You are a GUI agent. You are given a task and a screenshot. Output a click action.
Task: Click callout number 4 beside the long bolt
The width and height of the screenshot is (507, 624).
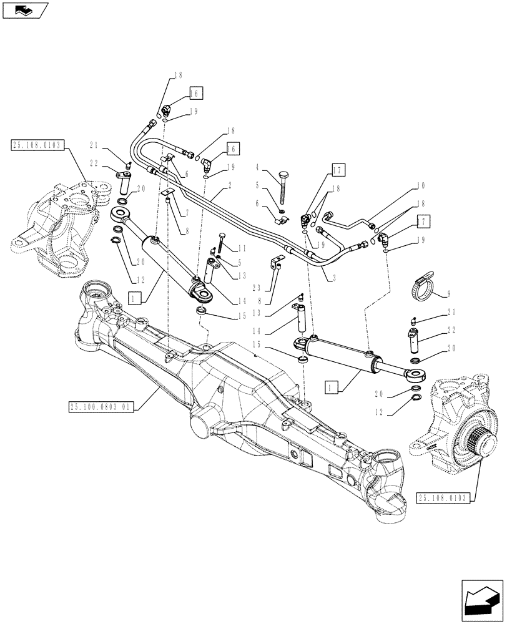(257, 167)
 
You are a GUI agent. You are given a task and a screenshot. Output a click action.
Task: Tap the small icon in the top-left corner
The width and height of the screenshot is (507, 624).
(24, 9)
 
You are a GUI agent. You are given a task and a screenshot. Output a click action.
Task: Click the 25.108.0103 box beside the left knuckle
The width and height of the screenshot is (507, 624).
(37, 146)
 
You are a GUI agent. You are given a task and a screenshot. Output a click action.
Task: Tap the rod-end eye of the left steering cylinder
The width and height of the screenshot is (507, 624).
(118, 217)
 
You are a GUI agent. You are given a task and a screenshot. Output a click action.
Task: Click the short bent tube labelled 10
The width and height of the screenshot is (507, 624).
(350, 221)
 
